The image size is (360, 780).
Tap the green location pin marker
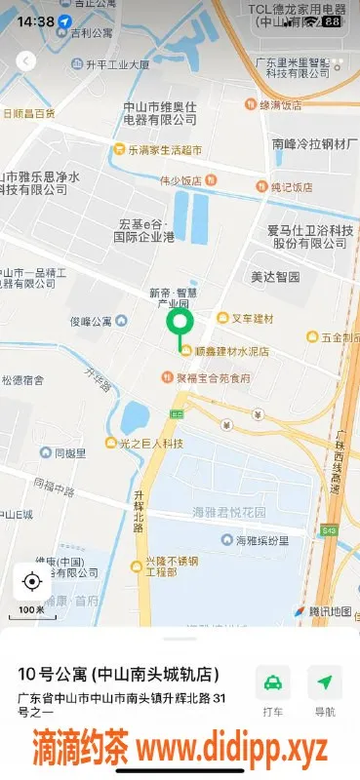pyautogui.click(x=180, y=324)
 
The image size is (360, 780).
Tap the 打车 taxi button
pyautogui.click(x=273, y=690)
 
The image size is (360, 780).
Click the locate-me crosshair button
pyautogui.click(x=31, y=582)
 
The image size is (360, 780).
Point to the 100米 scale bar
pyautogui.click(x=31, y=611)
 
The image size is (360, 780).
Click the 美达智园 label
pyautogui.click(x=274, y=277)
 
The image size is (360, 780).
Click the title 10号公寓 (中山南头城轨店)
pyautogui.click(x=118, y=675)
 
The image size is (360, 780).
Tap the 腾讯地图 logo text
pyautogui.click(x=329, y=611)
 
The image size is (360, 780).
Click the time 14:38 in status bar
pyautogui.click(x=35, y=20)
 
